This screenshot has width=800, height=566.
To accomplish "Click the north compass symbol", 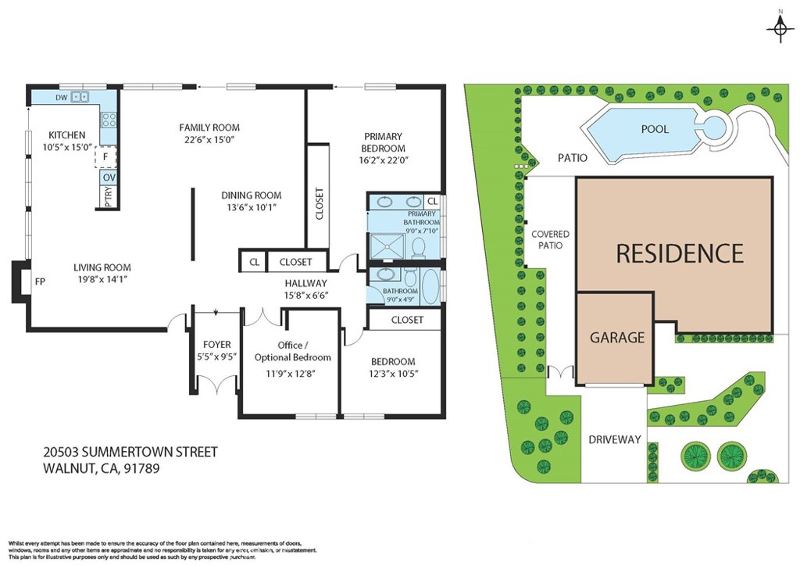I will click(x=779, y=29).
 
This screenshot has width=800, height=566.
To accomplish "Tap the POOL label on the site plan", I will click(x=655, y=129).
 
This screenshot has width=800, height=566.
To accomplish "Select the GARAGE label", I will click(x=617, y=338).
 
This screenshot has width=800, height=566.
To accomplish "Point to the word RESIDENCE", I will click(x=680, y=253).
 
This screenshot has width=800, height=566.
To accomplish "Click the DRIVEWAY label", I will click(x=614, y=439).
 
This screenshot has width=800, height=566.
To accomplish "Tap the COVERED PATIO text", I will click(x=550, y=240).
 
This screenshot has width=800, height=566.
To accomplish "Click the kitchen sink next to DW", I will click(x=80, y=98).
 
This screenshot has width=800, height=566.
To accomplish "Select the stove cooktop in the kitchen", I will click(x=109, y=120).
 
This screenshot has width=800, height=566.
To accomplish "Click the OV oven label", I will click(x=109, y=178).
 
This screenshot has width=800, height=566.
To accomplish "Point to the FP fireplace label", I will click(x=38, y=281).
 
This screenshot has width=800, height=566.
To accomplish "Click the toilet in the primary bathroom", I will click(x=418, y=248).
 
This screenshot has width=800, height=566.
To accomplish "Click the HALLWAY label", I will click(x=305, y=283).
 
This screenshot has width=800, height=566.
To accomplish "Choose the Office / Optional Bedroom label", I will click(x=292, y=351).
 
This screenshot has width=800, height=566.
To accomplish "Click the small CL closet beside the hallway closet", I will click(x=254, y=263).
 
